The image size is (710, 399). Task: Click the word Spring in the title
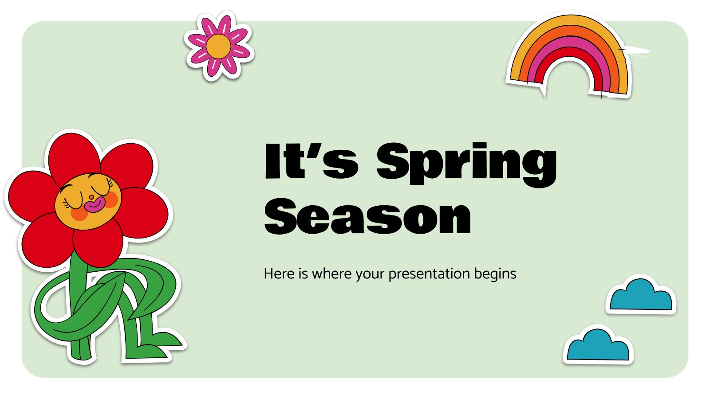(x=466, y=164)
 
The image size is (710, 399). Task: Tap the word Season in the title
(x=368, y=217)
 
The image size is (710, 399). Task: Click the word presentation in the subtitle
(x=429, y=274)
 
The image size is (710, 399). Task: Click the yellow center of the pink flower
(x=218, y=47)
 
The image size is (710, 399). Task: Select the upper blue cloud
(x=641, y=295)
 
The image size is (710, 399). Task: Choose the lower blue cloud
(x=598, y=345)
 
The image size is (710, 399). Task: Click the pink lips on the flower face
(x=95, y=205)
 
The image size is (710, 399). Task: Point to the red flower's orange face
(x=88, y=201)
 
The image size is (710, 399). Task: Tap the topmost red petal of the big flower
(x=75, y=155)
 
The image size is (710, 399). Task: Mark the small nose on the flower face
(x=91, y=197)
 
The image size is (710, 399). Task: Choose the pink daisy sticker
(x=219, y=46)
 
